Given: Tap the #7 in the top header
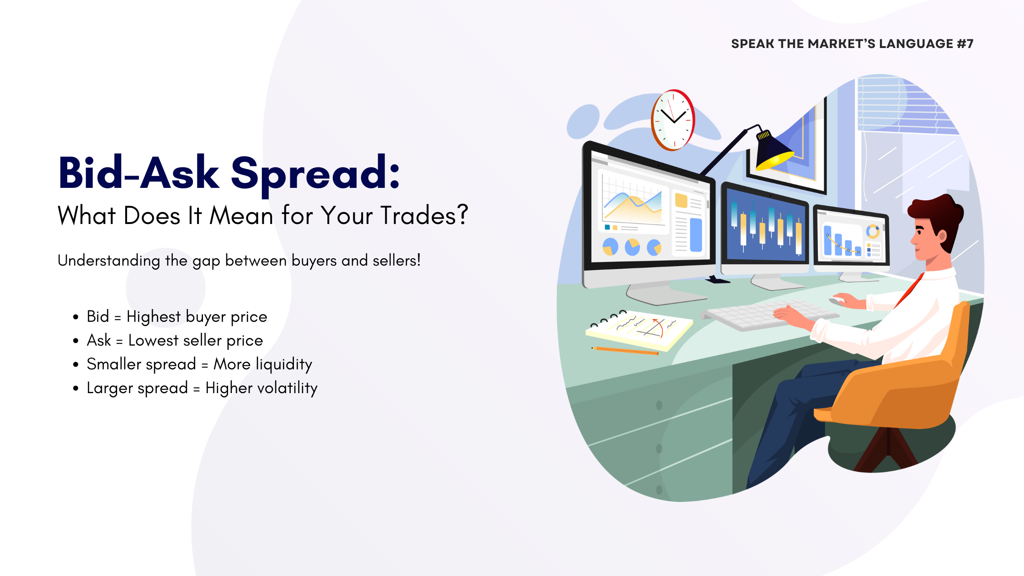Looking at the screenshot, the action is click(x=965, y=44).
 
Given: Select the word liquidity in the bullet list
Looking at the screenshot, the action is click(x=284, y=365).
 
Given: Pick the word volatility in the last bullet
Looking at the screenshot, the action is click(x=284, y=389).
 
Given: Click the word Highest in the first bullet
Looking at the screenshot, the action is click(x=154, y=317).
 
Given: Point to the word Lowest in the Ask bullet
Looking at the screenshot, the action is click(x=153, y=341).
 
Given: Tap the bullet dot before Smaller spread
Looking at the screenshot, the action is click(x=76, y=364).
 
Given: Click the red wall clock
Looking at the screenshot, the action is click(x=673, y=120).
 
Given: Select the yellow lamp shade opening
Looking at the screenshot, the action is click(x=775, y=160).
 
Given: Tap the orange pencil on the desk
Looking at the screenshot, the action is click(x=625, y=351).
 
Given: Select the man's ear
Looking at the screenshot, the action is click(x=942, y=235).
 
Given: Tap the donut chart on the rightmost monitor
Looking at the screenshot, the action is click(x=873, y=231).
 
